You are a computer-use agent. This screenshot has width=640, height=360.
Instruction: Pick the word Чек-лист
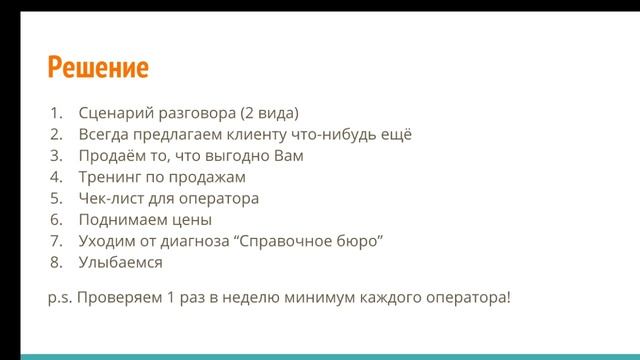[112, 198]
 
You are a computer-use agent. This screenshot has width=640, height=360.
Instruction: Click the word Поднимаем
[121, 220]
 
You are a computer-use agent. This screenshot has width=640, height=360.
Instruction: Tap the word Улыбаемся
[120, 262]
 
